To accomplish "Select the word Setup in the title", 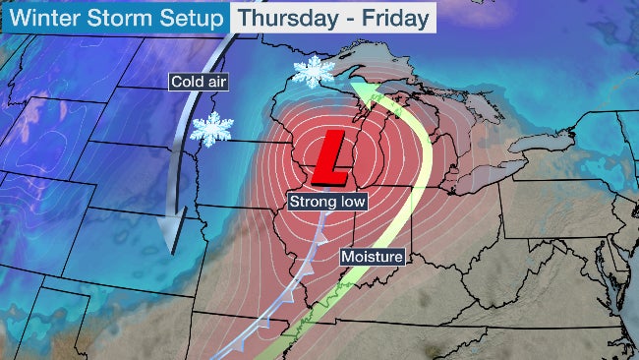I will click(x=180, y=18).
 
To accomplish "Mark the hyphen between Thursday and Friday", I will click(x=342, y=18).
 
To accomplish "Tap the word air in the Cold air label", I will click(x=215, y=83).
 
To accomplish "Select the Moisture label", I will click(x=373, y=258).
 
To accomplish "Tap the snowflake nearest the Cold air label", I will click(x=211, y=129).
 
